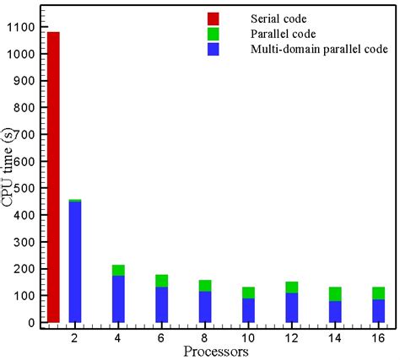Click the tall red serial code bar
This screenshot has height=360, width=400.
pyautogui.click(x=53, y=177)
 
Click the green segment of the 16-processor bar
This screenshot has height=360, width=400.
pyautogui.click(x=379, y=293)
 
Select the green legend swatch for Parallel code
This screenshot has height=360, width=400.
pyautogui.click(x=213, y=35)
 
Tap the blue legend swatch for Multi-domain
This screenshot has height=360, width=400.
pyautogui.click(x=213, y=50)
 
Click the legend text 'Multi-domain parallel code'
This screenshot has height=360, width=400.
pyautogui.click(x=319, y=50)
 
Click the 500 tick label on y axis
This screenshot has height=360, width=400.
pyautogui.click(x=24, y=188)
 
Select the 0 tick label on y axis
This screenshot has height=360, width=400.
pyautogui.click(x=32, y=322)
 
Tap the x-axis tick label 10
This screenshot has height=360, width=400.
pyautogui.click(x=248, y=336)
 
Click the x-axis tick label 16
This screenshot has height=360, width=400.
pyautogui.click(x=379, y=336)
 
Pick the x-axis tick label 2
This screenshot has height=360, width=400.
pyautogui.click(x=75, y=336)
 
